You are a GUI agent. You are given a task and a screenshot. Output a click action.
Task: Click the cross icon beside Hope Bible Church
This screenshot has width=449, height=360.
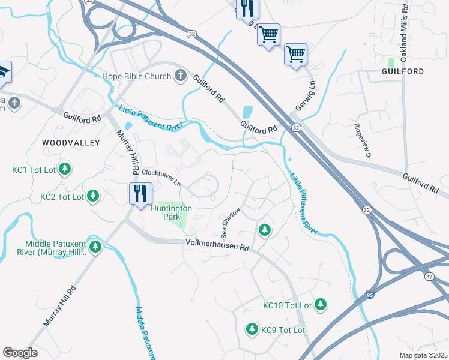click(x=180, y=76)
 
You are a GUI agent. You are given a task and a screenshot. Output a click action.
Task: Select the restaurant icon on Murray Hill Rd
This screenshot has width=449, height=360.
click(x=139, y=194)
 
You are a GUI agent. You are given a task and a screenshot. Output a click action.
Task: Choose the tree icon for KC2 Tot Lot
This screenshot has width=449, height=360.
click(x=93, y=196)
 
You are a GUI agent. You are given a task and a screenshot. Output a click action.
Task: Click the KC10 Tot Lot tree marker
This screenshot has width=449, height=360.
click(x=321, y=305)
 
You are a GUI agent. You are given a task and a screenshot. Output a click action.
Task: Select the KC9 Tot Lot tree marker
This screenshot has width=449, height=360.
click(x=252, y=329)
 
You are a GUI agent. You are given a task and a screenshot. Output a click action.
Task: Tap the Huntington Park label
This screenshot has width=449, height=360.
click(x=171, y=212)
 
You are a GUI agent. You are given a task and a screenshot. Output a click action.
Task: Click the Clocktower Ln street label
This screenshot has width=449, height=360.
click(x=161, y=177)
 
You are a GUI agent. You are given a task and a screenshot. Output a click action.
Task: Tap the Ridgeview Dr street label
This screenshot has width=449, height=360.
click(x=363, y=142)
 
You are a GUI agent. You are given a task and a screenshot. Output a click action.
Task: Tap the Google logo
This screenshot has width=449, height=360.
click(x=20, y=352)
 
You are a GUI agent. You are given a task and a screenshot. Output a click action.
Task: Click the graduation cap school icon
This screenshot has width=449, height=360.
click(x=3, y=71)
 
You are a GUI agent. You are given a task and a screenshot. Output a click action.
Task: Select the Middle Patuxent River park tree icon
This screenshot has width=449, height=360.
click(x=95, y=247)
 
